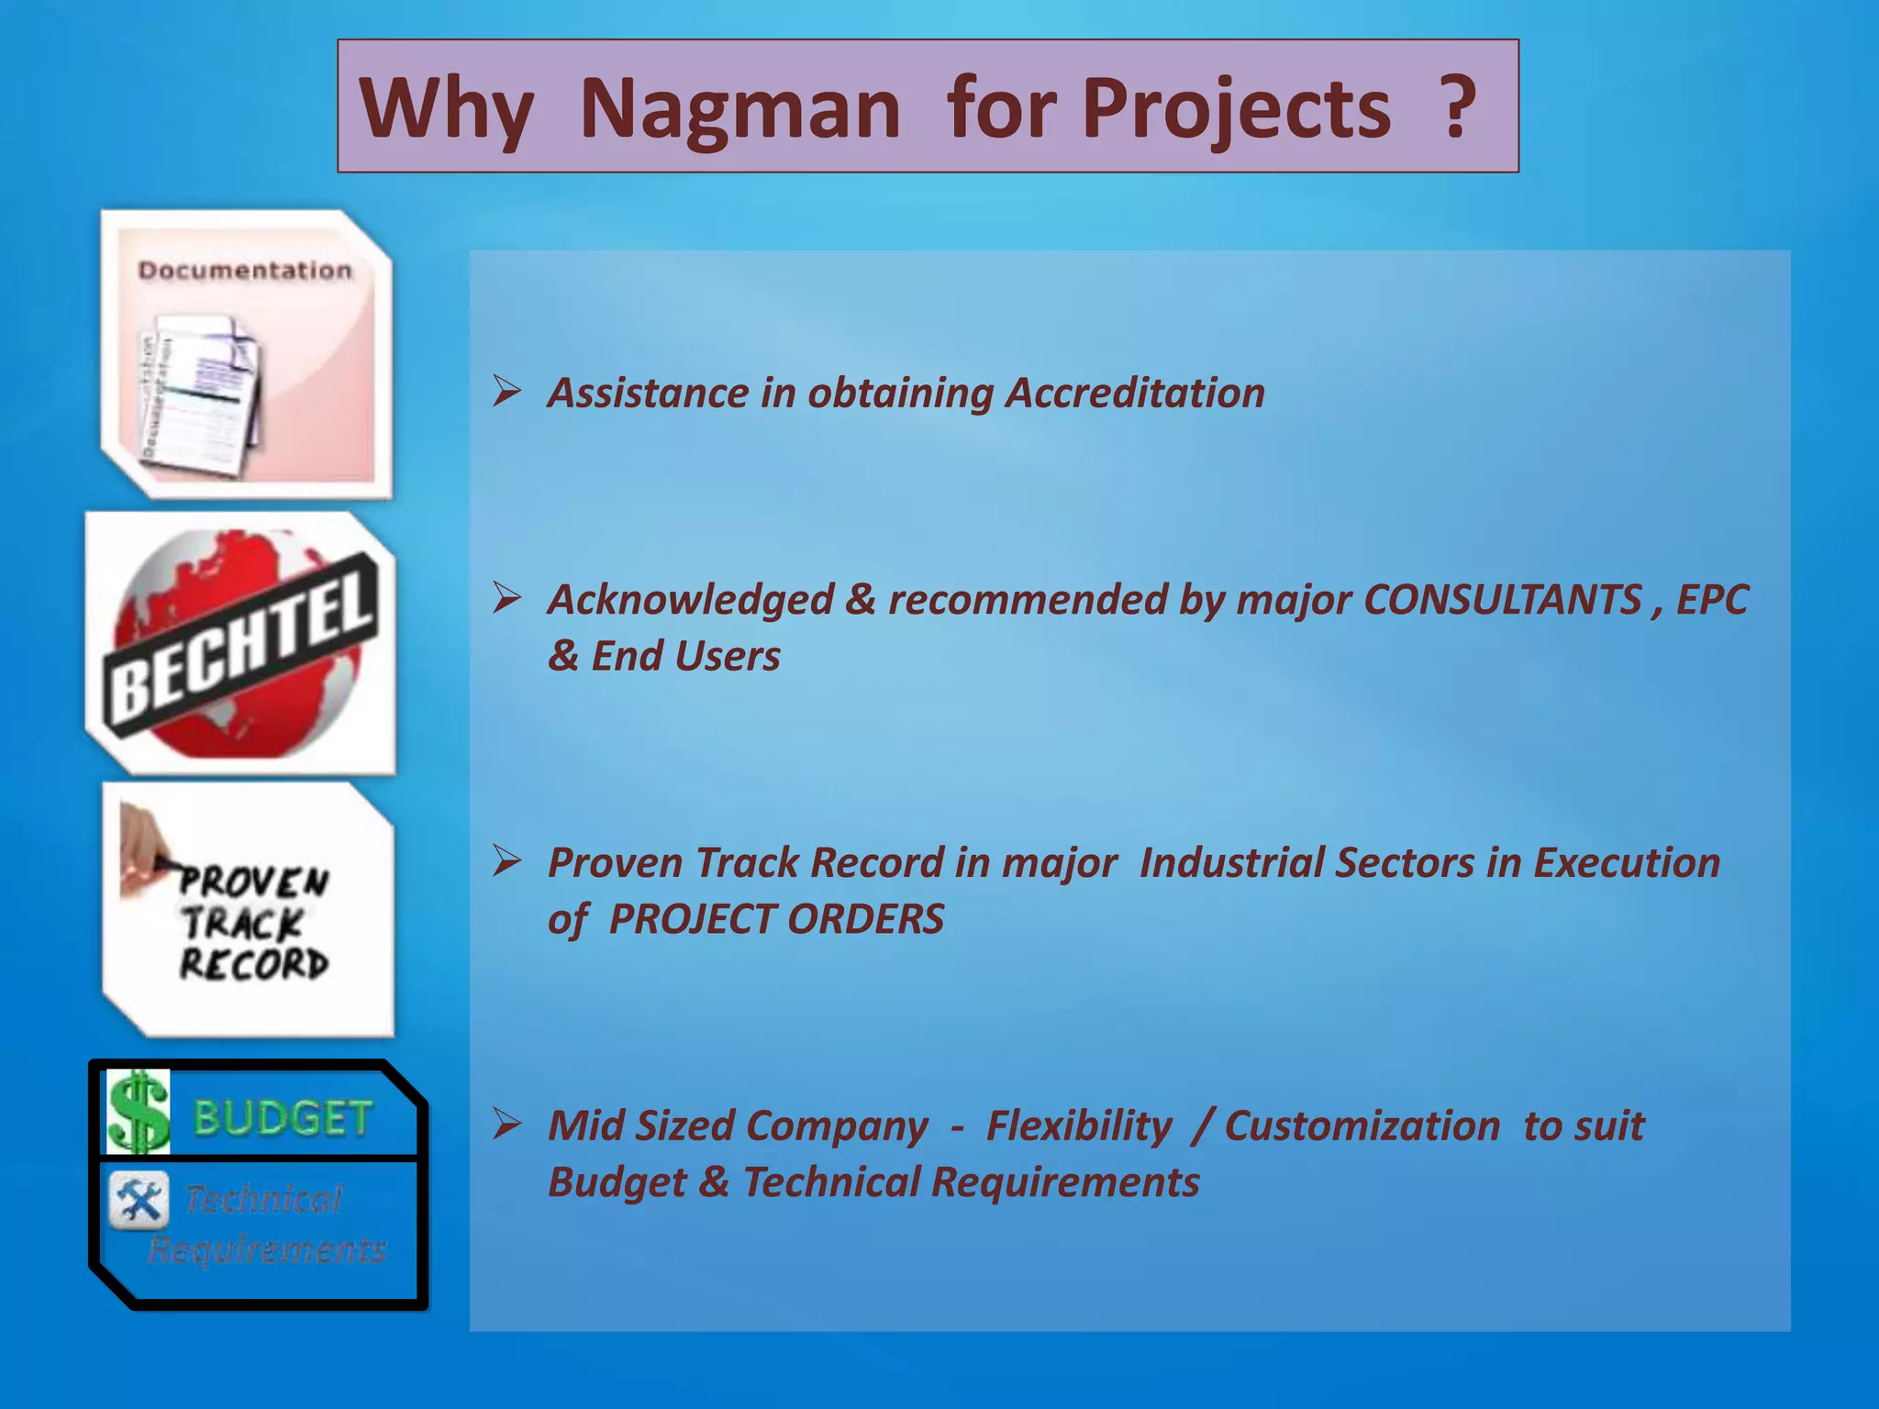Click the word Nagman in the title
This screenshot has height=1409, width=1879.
click(x=739, y=109)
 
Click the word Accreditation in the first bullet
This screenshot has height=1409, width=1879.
click(x=1135, y=394)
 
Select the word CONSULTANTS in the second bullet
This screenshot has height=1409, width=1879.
click(x=1502, y=600)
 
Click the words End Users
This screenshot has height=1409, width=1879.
click(x=685, y=657)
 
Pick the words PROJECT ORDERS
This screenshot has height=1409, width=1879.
click(x=776, y=919)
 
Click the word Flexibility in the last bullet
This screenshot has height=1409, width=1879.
click(x=1079, y=1126)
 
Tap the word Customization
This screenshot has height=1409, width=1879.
click(x=1362, y=1126)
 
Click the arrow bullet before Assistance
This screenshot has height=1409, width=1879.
click(x=506, y=391)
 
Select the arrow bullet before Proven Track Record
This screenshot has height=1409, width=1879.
click(x=506, y=860)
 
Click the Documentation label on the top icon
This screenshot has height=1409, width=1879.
click(x=245, y=271)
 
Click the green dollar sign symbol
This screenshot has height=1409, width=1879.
click(x=139, y=1114)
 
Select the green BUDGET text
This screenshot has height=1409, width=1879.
click(x=283, y=1118)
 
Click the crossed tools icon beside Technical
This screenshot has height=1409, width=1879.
click(x=139, y=1200)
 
